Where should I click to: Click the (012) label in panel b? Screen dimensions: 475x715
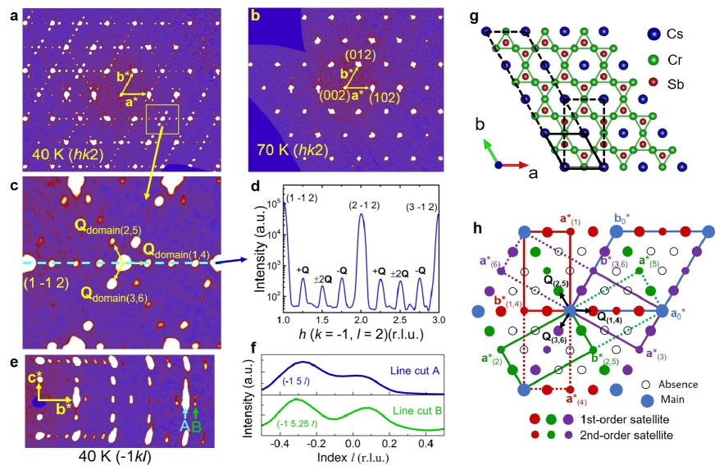pos(359,55)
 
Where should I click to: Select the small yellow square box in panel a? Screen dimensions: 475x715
pos(162,118)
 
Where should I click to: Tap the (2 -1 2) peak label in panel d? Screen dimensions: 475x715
pos(362,200)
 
